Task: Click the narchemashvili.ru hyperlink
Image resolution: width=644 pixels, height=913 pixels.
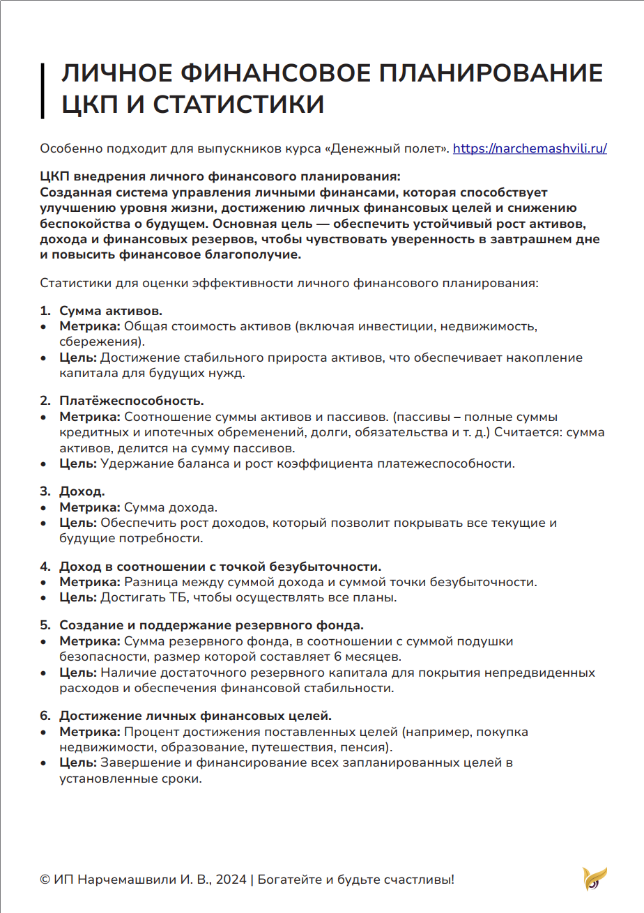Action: (530, 148)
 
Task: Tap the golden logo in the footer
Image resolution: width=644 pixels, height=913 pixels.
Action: (595, 879)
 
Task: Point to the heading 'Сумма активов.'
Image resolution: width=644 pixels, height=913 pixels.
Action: (111, 310)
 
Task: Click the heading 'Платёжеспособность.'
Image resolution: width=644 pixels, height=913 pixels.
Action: (131, 401)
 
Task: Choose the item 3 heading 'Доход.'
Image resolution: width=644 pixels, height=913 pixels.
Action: (82, 492)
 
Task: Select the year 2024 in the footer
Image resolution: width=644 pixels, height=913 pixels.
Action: (231, 880)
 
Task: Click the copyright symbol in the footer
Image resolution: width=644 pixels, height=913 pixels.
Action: (45, 880)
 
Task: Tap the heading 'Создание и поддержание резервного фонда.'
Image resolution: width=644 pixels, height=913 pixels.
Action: (211, 625)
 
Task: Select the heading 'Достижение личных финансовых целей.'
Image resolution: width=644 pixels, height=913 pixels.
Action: (195, 716)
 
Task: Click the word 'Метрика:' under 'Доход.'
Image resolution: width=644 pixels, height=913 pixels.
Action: (90, 507)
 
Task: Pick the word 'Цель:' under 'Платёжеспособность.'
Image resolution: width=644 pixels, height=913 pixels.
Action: (79, 463)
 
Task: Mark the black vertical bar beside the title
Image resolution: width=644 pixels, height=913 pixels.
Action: (43, 90)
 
